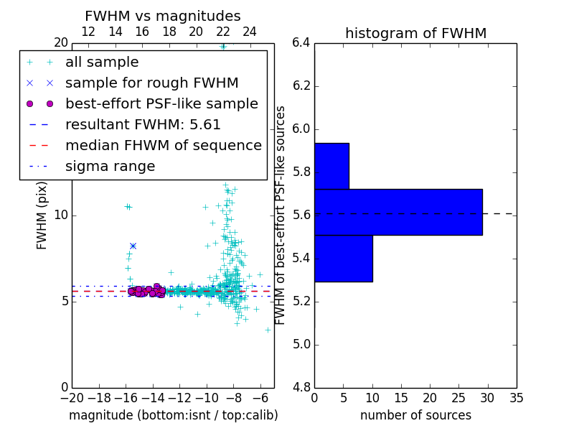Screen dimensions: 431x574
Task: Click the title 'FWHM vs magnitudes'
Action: click(162, 16)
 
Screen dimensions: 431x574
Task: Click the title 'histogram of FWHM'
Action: click(415, 33)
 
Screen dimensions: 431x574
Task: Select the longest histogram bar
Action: click(398, 212)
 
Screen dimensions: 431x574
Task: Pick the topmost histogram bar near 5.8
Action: click(331, 166)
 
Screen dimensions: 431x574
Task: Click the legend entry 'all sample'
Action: click(102, 62)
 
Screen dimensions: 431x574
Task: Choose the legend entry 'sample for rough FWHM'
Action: click(151, 83)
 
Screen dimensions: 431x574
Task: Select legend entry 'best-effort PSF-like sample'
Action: click(161, 103)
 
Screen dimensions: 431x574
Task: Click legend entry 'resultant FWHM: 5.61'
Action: click(143, 124)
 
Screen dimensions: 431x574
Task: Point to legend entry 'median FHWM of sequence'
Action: click(163, 145)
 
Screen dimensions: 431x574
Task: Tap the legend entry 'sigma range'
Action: click(110, 166)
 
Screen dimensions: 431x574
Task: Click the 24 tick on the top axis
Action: click(250, 32)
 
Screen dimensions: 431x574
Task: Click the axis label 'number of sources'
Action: click(415, 415)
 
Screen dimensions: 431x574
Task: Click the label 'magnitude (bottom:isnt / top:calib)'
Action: click(173, 415)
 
